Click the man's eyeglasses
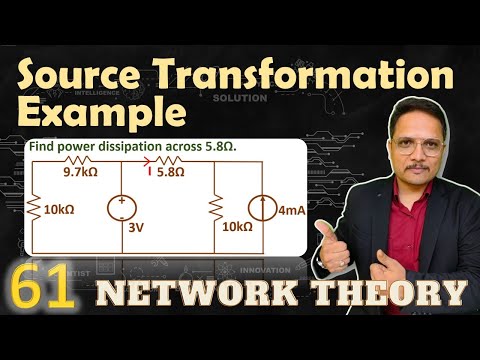tap(411, 143)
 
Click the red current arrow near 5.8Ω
tap(150, 171)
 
